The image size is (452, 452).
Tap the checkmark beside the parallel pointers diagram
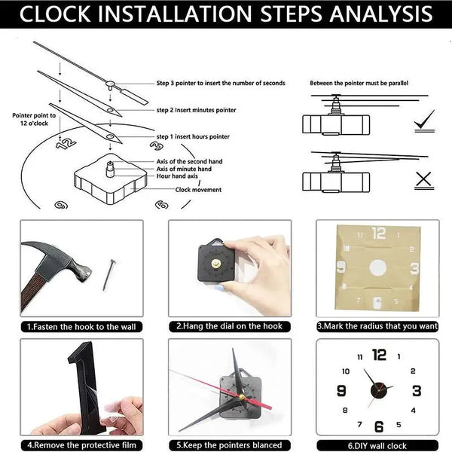(x=424, y=120)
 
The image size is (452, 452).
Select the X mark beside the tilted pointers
(x=423, y=179)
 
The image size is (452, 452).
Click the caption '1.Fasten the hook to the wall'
(x=81, y=328)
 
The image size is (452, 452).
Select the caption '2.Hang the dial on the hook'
(x=228, y=328)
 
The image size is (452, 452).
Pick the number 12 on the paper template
(x=378, y=234)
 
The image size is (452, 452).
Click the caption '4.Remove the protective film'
(x=81, y=445)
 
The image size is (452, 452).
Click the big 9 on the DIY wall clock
(x=341, y=390)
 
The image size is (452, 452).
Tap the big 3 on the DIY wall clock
(x=416, y=390)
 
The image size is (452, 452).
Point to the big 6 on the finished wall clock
(x=379, y=426)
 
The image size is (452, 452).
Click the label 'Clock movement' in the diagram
(x=198, y=190)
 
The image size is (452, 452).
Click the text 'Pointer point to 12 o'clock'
(x=30, y=121)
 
